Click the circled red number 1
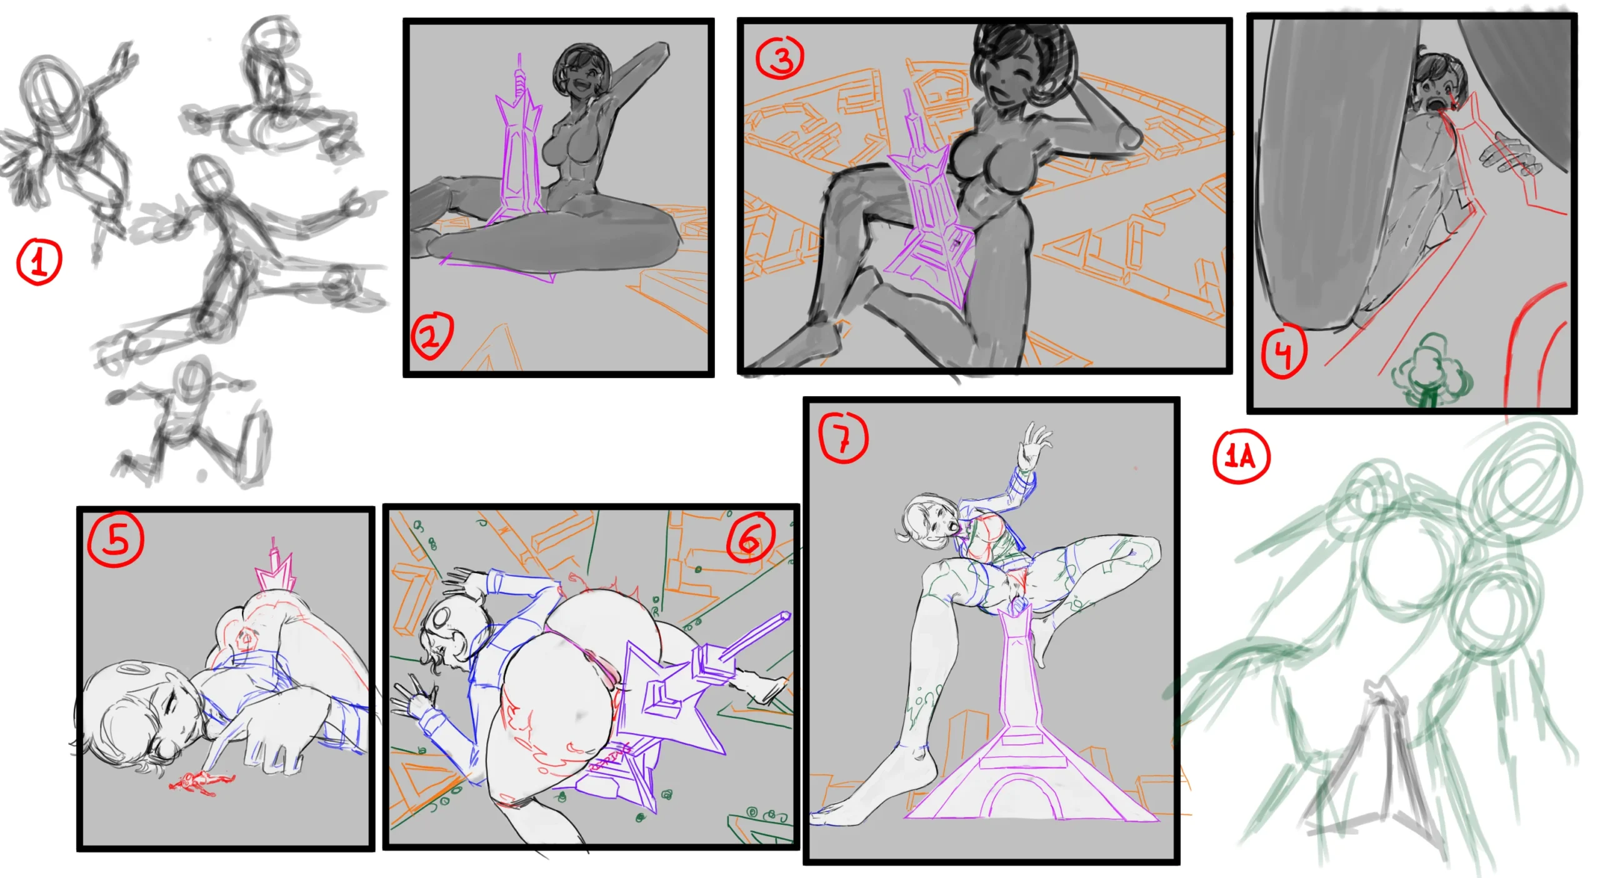coord(39,261)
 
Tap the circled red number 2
coord(432,336)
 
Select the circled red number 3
coord(780,58)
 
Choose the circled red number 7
coord(844,437)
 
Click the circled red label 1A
coord(1241,457)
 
